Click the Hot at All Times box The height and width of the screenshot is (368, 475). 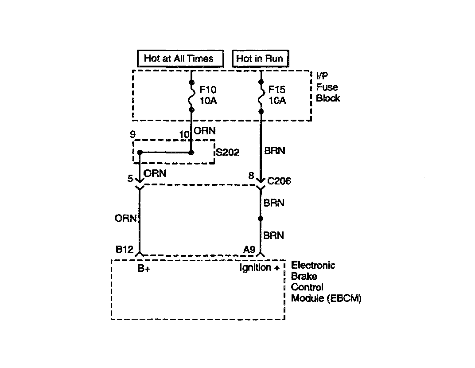pos(179,58)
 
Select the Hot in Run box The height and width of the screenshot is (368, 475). pos(259,58)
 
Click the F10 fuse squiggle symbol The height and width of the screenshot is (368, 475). pos(191,96)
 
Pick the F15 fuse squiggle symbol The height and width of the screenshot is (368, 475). pos(261,96)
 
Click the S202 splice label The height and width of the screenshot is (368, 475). pos(227,153)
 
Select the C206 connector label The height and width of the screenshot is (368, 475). pos(280,181)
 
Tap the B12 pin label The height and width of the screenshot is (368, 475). pos(125,250)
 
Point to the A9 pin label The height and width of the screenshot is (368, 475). pos(249,250)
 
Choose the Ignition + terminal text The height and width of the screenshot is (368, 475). pos(260,268)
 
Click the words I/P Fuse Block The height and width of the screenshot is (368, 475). pos(328,87)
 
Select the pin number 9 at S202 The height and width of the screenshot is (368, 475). pos(132,134)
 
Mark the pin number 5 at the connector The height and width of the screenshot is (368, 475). pos(130,179)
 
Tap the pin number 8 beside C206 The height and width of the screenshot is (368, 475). pos(251,176)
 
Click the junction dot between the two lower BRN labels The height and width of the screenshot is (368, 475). pos(261,219)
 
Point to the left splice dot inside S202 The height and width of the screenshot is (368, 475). pos(140,153)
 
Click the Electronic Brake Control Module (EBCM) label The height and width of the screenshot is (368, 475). pos(326,282)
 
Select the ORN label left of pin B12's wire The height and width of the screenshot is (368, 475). pos(125,218)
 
